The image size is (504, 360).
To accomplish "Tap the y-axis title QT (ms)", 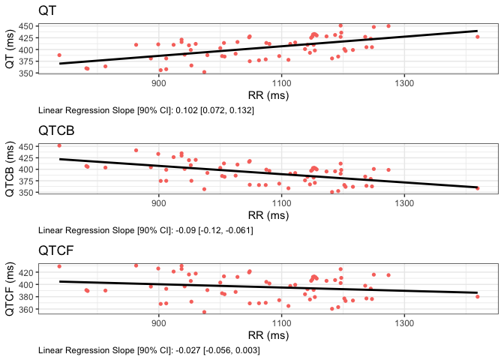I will [10, 50].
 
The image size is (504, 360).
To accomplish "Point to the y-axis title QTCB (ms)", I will [10, 169].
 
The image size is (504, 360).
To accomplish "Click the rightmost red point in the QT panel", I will [477, 37].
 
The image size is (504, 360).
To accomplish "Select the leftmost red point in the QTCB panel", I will [59, 145].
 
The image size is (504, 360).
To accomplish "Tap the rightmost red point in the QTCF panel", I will [477, 297].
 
